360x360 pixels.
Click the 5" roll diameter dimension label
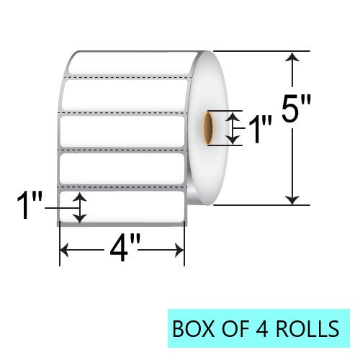point(296,108)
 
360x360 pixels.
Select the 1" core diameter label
point(261,128)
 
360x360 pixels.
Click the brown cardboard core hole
point(208,128)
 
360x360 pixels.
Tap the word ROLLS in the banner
point(307,329)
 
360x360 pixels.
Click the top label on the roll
point(132,63)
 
